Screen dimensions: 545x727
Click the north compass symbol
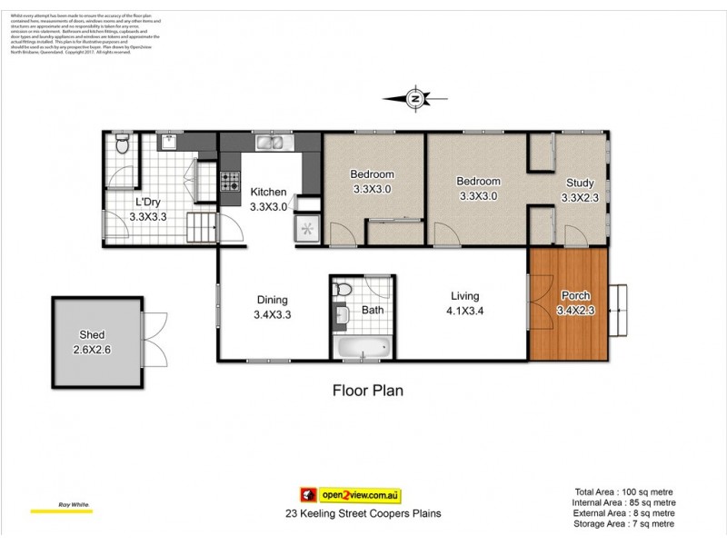pos(415,98)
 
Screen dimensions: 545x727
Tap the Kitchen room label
pos(268,193)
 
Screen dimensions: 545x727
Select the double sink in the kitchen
pos(272,142)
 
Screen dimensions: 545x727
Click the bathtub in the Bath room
pos(362,347)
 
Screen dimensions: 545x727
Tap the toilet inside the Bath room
pos(344,290)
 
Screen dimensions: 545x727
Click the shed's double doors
pos(154,339)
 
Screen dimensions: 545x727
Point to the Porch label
pos(574,295)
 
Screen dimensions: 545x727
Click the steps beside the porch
pos(619,306)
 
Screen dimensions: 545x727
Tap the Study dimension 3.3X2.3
pos(579,197)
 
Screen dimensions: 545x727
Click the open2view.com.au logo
pos(351,495)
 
